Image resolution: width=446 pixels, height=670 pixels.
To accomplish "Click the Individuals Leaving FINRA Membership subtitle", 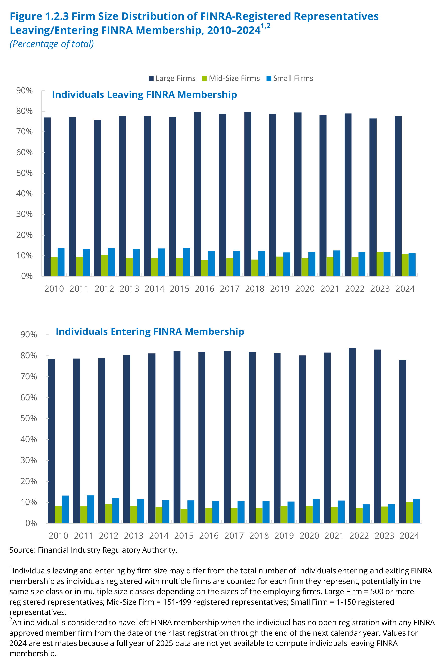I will pos(144,94).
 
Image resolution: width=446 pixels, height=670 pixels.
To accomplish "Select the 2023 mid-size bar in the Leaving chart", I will pos(380,264).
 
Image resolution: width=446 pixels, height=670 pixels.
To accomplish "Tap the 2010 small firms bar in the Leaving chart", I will pos(61,262).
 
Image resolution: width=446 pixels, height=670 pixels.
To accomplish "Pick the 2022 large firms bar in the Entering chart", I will pos(352,435).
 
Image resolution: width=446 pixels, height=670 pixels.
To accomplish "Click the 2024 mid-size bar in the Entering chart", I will pos(409,512).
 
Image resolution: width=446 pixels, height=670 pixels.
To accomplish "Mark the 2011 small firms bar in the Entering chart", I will pos(91,509).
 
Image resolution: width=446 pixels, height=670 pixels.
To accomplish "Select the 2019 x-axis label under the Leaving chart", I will pos(280,289).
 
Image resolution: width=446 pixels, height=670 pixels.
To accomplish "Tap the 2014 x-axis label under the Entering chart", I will pos(159,536).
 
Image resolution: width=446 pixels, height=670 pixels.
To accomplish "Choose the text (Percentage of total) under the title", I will pos(51,44).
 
